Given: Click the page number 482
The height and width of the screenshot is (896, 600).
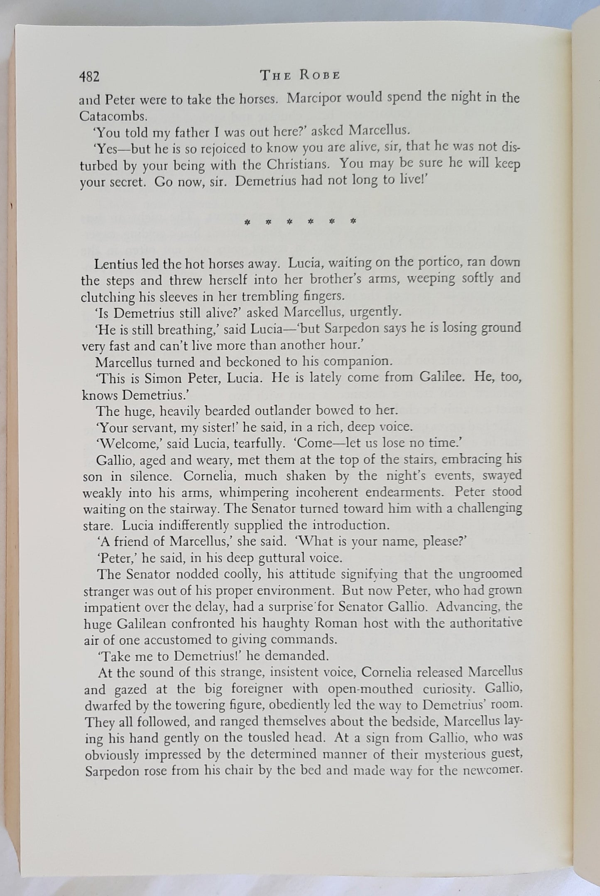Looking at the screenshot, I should [x=89, y=76].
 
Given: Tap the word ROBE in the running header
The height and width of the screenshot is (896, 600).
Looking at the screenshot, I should [x=320, y=75].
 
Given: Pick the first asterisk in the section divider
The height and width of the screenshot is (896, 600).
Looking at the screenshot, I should [x=247, y=222].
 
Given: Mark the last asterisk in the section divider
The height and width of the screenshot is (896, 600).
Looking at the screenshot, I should [x=353, y=221].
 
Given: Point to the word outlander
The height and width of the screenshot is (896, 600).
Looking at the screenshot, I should [x=277, y=411].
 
